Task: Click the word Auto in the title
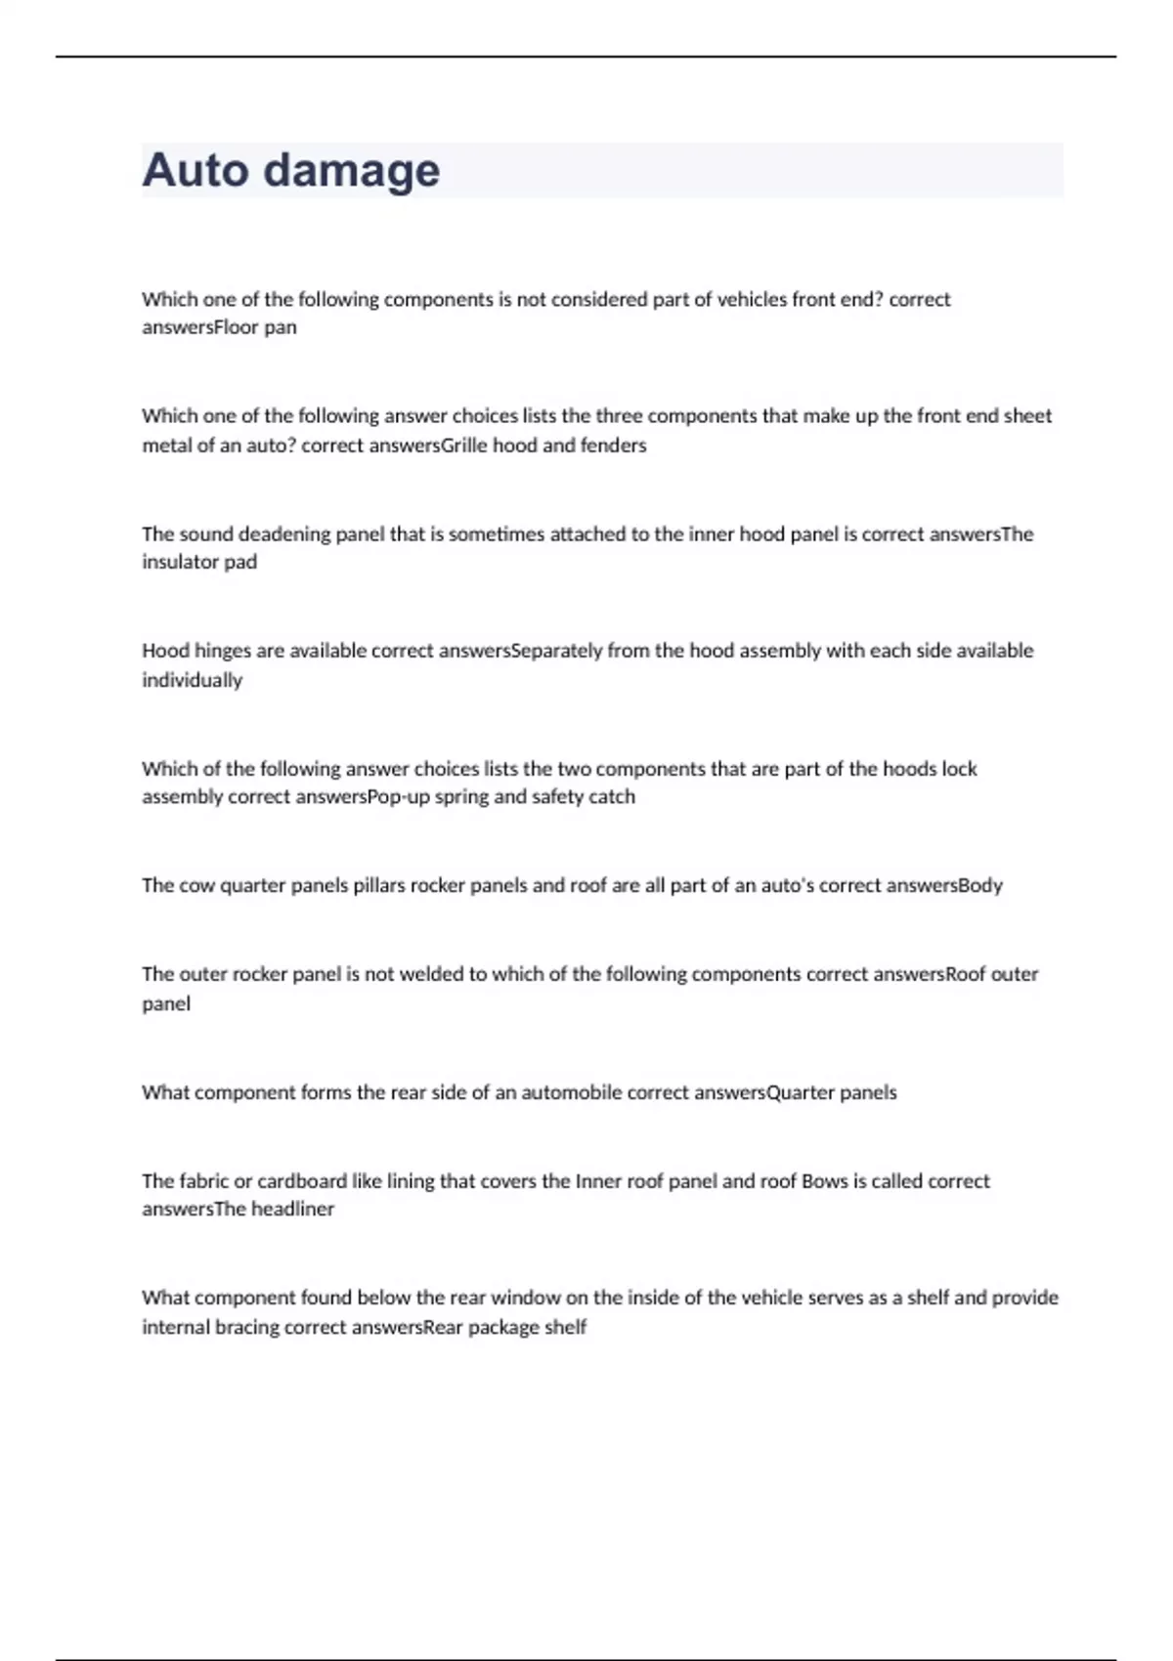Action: pos(196,170)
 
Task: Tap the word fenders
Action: pos(615,446)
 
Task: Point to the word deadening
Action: pos(284,534)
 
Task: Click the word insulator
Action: pos(181,562)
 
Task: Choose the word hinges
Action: pos(225,652)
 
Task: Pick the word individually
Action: pos(192,680)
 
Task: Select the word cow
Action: pos(197,886)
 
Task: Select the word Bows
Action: pos(824,1181)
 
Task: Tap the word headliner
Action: pos(292,1210)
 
